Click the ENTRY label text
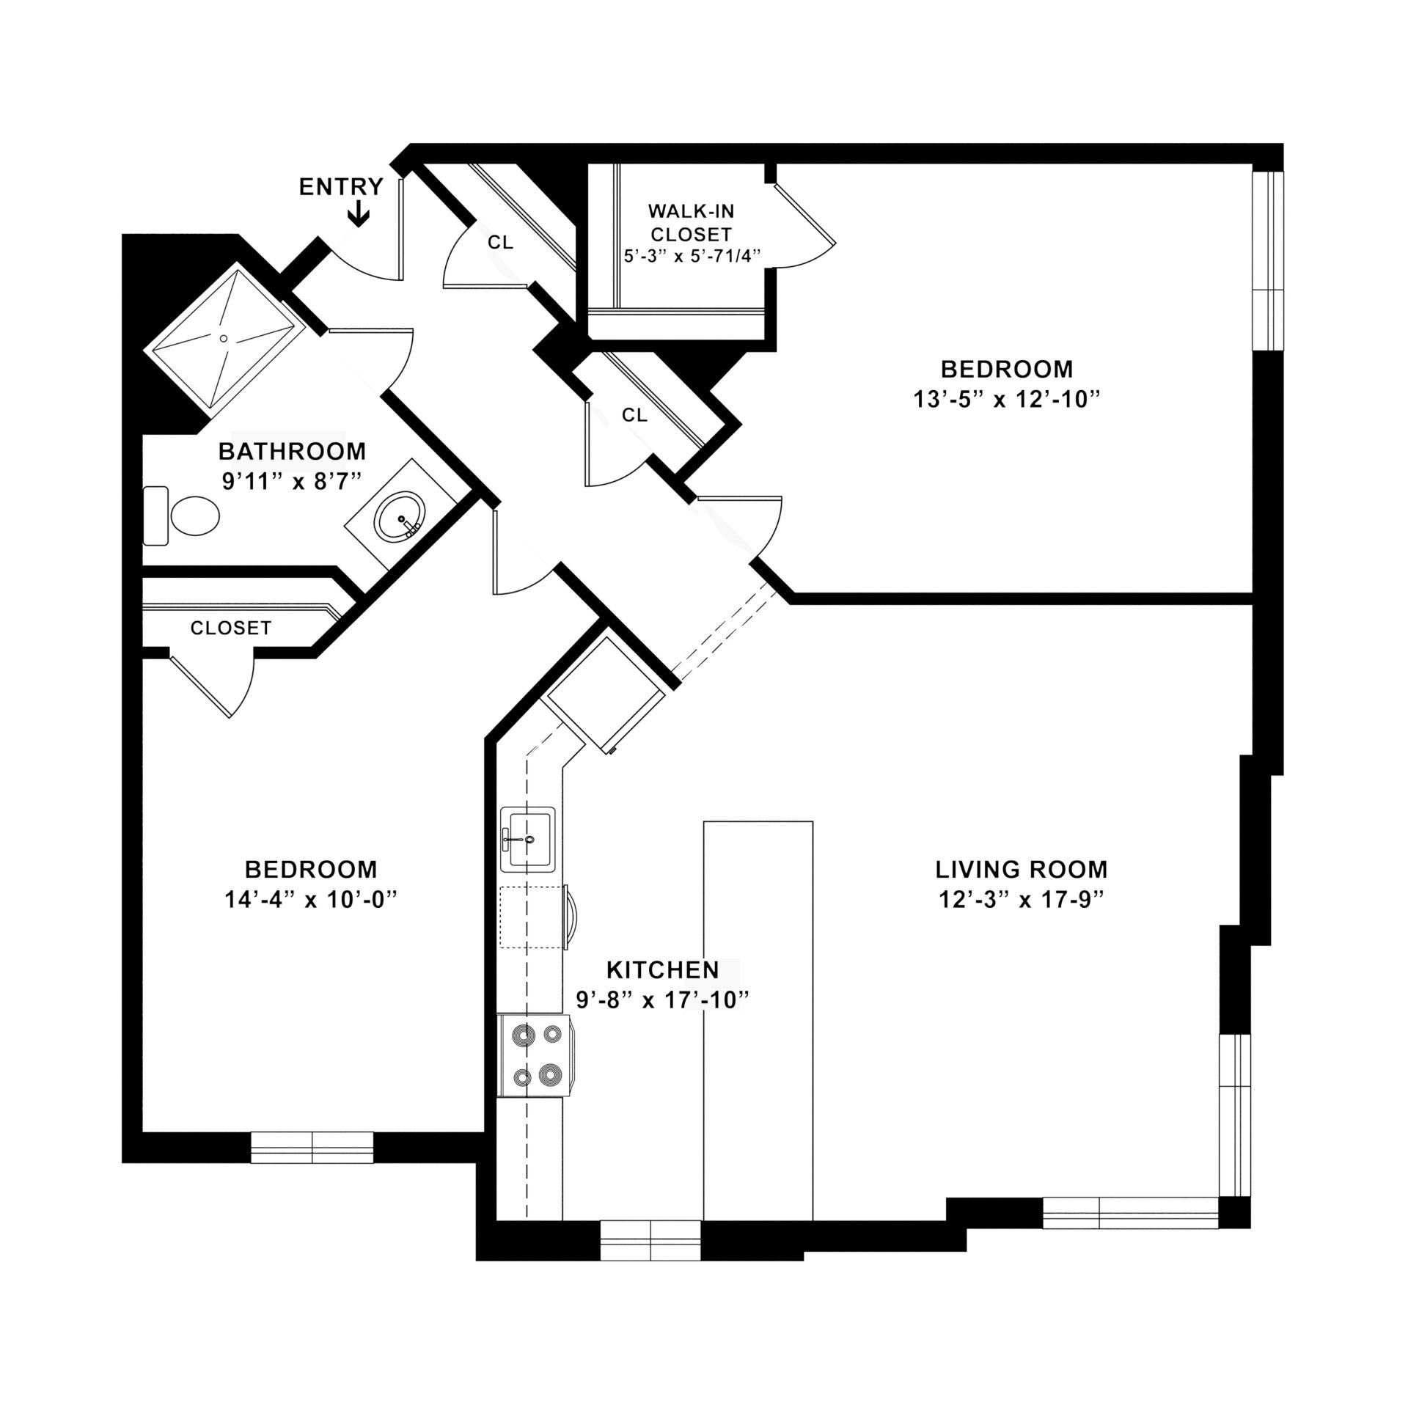(x=341, y=187)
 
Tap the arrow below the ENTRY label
(x=358, y=215)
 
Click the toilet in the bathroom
(x=183, y=516)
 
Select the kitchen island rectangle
(x=758, y=1020)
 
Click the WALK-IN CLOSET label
(x=690, y=223)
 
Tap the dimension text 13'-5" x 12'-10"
(x=1006, y=400)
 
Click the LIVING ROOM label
(x=1021, y=870)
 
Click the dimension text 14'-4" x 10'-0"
(x=310, y=900)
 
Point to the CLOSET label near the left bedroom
(x=230, y=628)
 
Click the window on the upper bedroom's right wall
(x=1268, y=261)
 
